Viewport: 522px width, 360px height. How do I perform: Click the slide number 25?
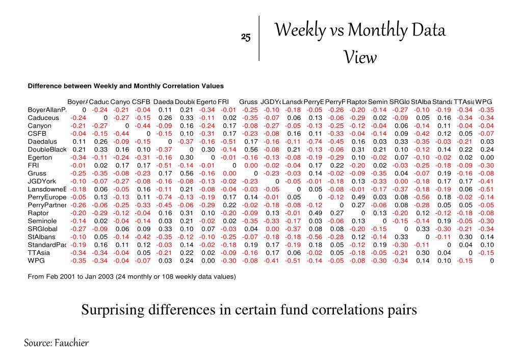click(x=246, y=37)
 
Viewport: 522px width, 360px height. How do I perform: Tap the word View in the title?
click(x=360, y=58)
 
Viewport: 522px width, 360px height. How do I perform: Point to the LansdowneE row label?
click(x=47, y=189)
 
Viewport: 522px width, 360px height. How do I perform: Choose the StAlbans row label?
click(x=42, y=237)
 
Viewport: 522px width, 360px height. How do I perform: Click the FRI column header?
click(x=223, y=101)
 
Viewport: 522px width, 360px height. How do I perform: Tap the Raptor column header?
click(x=356, y=101)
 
